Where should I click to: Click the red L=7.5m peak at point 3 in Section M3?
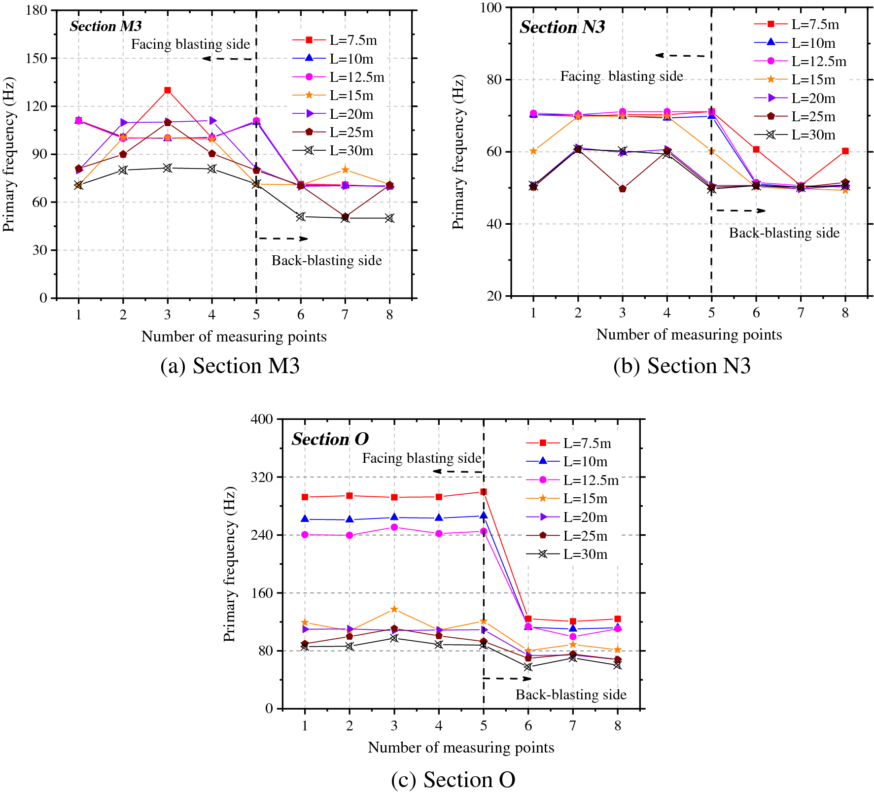point(168,90)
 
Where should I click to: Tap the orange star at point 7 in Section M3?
point(345,170)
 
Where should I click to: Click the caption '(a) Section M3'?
point(230,366)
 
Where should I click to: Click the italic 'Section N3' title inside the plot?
point(562,27)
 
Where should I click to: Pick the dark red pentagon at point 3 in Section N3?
point(622,189)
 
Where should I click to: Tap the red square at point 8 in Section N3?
point(845,151)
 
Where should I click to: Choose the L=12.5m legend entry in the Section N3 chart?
point(818,62)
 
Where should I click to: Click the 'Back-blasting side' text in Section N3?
point(784,233)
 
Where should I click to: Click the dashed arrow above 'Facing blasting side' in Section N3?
point(683,56)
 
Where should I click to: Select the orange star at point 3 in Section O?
point(394,609)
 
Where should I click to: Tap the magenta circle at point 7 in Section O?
point(572,637)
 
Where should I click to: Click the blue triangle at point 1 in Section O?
point(305,519)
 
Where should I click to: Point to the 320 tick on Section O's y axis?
point(262,477)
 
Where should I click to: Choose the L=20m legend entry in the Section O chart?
point(585,517)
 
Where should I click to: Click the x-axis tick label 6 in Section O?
point(528,725)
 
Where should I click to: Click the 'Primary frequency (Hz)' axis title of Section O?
point(230,564)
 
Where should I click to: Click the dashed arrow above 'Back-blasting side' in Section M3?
point(283,239)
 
